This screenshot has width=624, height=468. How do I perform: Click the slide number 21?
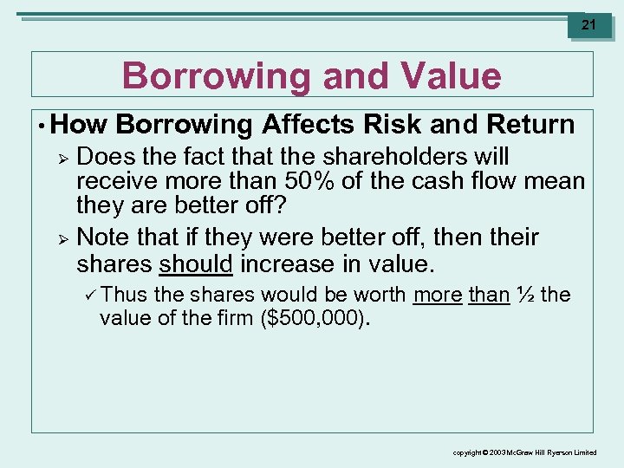click(x=588, y=25)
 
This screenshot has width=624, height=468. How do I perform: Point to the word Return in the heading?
click(x=530, y=125)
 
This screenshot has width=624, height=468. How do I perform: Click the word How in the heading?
click(x=79, y=125)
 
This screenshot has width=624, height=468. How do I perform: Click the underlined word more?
click(x=438, y=295)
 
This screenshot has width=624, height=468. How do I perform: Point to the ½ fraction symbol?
click(x=524, y=295)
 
